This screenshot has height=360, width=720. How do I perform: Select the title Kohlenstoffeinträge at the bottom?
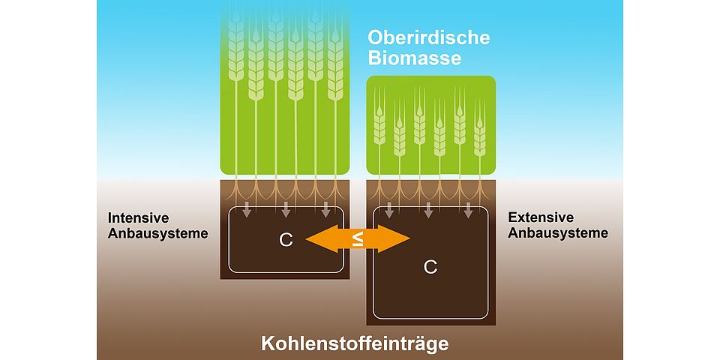(355, 343)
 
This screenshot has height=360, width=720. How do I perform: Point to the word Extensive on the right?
(541, 217)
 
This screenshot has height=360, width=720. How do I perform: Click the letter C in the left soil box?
(286, 240)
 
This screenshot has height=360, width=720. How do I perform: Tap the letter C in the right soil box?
(430, 267)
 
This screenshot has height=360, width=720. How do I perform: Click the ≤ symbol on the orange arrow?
(358, 238)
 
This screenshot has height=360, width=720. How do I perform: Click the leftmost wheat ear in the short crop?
(379, 124)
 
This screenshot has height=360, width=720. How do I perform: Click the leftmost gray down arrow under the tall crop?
(247, 210)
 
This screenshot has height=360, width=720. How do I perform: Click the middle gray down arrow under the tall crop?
(286, 210)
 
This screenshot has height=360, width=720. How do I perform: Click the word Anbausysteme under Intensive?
(157, 233)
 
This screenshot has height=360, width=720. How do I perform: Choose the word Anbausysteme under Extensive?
(558, 232)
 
